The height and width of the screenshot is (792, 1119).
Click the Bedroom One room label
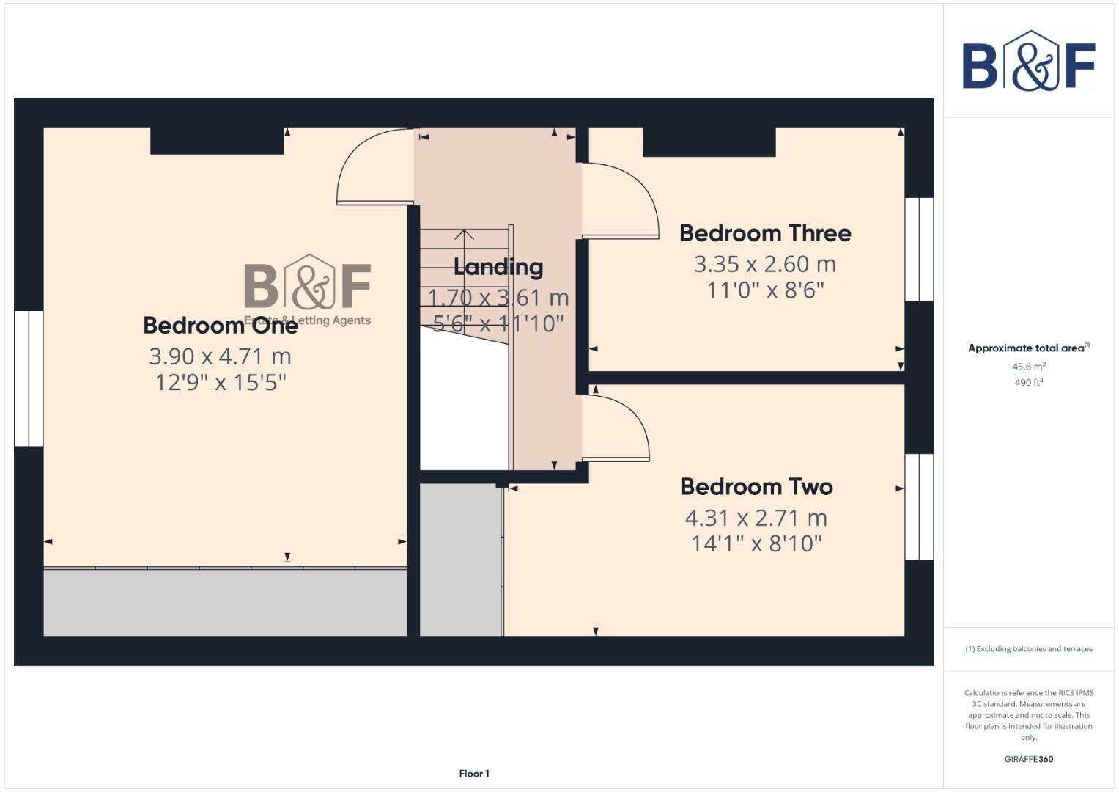click(x=220, y=325)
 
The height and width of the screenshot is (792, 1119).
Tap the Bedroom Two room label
click(x=756, y=487)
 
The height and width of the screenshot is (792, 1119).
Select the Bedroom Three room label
click(x=765, y=233)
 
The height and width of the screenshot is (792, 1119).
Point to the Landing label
click(x=498, y=267)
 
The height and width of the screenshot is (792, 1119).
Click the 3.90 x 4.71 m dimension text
click(x=220, y=356)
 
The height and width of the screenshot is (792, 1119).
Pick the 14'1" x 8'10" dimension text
click(x=756, y=543)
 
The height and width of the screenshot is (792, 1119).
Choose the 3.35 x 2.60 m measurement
click(x=765, y=264)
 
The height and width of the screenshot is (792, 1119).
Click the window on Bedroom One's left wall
click(x=29, y=378)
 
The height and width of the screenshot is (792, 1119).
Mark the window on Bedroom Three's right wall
click(x=919, y=249)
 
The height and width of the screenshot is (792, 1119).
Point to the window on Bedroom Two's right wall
click(x=919, y=507)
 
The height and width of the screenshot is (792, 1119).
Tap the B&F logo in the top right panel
click(x=1028, y=62)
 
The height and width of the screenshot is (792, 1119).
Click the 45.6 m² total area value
click(x=1028, y=367)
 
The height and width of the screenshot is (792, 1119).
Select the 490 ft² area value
click(x=1028, y=383)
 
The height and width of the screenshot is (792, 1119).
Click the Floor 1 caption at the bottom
click(x=474, y=774)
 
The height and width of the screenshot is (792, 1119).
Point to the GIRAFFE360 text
click(x=1028, y=759)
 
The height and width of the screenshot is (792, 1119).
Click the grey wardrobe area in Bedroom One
click(x=225, y=602)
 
